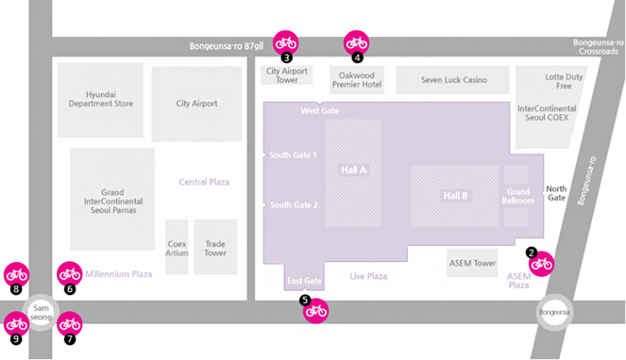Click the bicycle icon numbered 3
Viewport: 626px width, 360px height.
pos(286,42)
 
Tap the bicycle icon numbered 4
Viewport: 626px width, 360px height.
pos(356,42)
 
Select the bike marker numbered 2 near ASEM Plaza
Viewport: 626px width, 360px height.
pos(541,264)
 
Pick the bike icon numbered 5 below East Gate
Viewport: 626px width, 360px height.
pos(316,311)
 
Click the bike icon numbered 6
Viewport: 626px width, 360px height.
pos(69,274)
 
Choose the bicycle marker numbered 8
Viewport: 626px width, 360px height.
pos(16,274)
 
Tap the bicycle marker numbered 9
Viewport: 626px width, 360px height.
pos(16,324)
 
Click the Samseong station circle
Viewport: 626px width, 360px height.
pos(41,312)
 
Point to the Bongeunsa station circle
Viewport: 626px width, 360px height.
pos(554,312)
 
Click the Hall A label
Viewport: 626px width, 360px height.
pos(354,170)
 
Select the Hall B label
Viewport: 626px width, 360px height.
pos(455,196)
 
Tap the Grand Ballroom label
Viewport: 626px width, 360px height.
pos(518,196)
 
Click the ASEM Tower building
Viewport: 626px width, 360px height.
pos(472,263)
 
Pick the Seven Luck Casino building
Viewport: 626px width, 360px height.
pos(454,80)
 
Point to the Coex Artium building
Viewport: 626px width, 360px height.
pos(177,248)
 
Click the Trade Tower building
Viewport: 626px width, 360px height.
pos(215,248)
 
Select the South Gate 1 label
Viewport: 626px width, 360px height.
pos(293,155)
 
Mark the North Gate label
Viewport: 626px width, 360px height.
pos(557,193)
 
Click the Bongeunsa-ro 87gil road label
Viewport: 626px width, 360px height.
pos(226,46)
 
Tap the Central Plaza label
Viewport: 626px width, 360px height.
pos(204,182)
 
